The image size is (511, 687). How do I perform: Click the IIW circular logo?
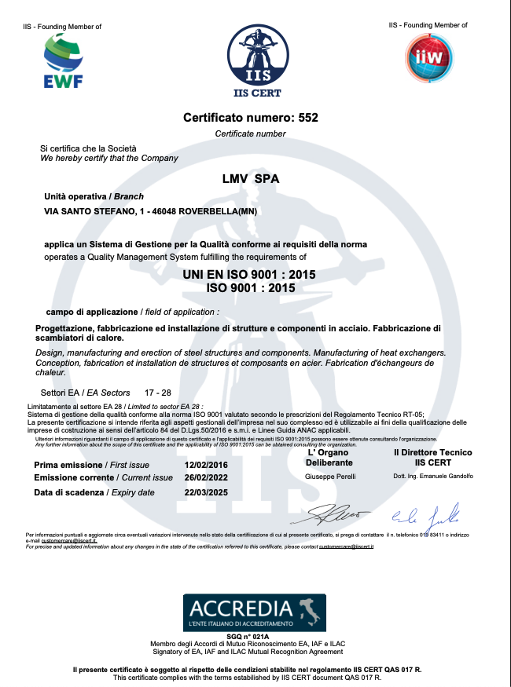428,56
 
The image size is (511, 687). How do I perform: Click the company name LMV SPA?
251,178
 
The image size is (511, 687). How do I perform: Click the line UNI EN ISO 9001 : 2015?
250,276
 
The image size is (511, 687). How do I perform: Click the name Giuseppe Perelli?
327,477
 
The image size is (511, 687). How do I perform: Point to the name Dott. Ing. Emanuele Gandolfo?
432,477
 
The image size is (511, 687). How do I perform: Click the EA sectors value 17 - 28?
158,391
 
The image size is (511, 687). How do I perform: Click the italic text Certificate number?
251,133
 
